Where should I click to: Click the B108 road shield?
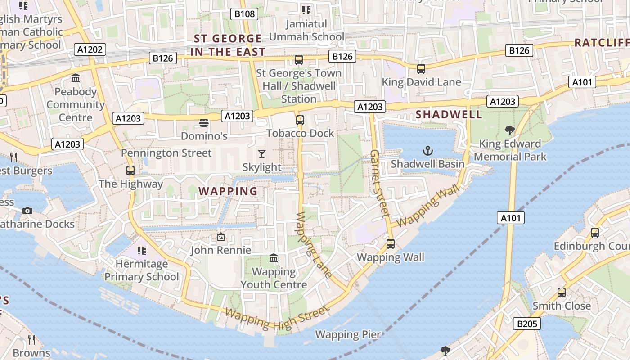[245, 14]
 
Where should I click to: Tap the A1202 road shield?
[90, 49]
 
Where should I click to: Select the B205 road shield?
[526, 323]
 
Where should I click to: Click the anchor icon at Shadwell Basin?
[427, 151]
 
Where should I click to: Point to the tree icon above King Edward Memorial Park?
[510, 130]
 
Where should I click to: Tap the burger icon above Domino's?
[204, 122]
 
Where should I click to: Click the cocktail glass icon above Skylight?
[262, 154]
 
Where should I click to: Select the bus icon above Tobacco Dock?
[300, 120]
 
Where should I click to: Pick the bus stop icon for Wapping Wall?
[391, 244]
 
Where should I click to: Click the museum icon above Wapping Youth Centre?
[274, 258]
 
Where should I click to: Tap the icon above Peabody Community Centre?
[76, 78]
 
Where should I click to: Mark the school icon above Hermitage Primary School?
[142, 250]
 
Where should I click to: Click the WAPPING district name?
[228, 191]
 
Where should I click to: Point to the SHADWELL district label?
[449, 114]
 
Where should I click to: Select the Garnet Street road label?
[379, 184]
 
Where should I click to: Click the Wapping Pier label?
[348, 334]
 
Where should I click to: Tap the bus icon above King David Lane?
[421, 69]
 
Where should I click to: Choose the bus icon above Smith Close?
[562, 292]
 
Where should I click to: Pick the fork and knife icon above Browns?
[31, 339]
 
